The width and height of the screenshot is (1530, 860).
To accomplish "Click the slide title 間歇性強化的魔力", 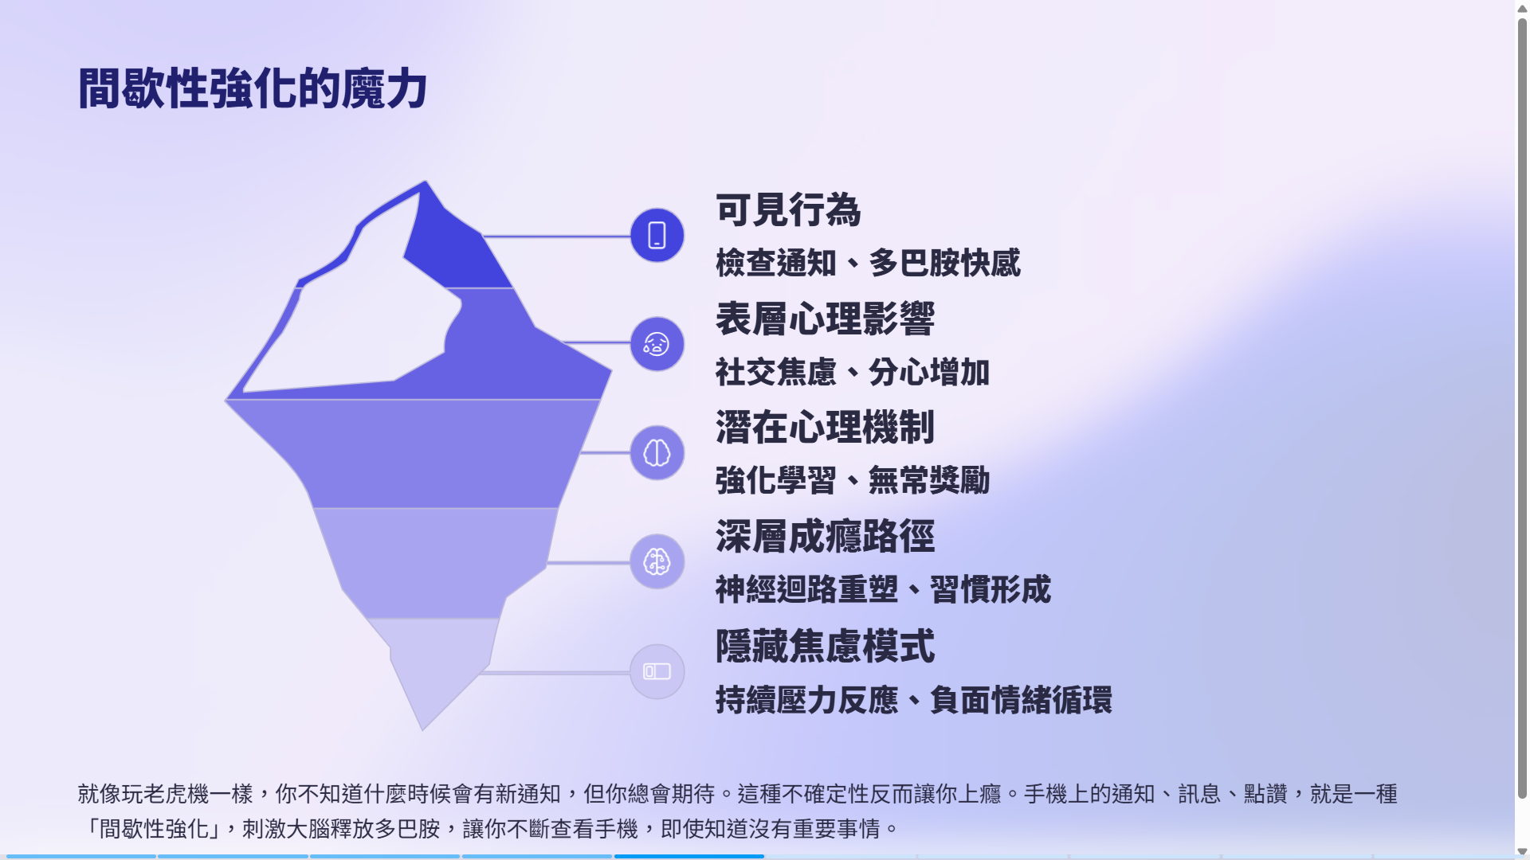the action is click(x=253, y=88).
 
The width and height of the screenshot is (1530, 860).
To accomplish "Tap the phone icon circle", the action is click(x=657, y=236).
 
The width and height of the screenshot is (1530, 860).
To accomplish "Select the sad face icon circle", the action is click(x=657, y=344).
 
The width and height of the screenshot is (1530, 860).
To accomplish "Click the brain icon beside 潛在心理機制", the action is click(x=657, y=453).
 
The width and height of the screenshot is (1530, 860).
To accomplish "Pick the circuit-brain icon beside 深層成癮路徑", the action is click(x=657, y=562).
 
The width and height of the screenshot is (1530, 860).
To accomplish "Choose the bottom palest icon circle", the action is click(x=657, y=671).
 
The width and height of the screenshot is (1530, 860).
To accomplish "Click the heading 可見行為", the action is click(x=788, y=210).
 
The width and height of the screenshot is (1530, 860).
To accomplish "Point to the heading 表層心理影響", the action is click(x=825, y=319).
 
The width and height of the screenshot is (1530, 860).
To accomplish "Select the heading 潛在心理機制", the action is click(x=825, y=428).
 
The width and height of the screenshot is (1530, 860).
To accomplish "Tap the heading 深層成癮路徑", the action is click(x=825, y=537).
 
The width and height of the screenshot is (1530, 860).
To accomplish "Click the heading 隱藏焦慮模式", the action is click(x=825, y=646).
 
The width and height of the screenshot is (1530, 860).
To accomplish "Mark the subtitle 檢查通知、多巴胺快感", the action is click(x=868, y=263).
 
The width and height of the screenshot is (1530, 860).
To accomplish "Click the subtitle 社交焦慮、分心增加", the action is click(x=853, y=372).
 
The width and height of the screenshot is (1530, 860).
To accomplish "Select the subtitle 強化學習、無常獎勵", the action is click(x=853, y=481).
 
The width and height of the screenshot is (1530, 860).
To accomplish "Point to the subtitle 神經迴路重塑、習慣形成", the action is click(x=883, y=590).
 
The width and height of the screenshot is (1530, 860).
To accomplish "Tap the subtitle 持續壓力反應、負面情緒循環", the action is click(x=913, y=700).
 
